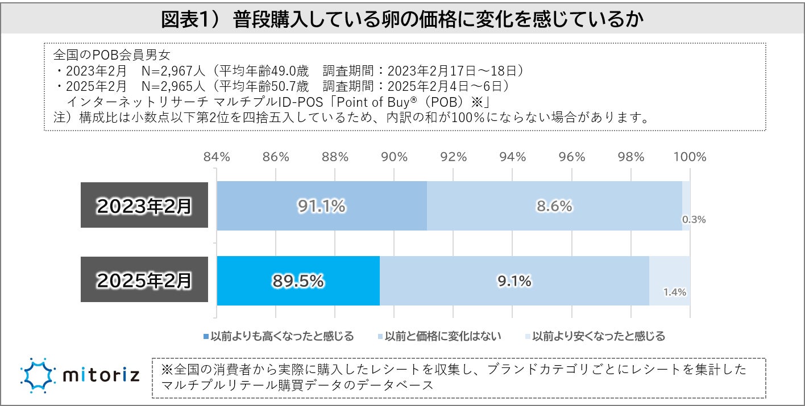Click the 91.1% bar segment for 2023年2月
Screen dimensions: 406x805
coord(322,206)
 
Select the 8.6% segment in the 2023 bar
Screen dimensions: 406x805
coord(554,206)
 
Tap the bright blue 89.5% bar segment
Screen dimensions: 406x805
coord(298,281)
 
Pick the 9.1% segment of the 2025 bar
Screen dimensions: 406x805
coord(514,281)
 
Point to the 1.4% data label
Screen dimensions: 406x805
coord(675,293)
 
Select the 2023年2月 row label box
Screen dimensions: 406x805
coord(144,206)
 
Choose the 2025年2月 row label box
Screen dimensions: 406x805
coord(144,281)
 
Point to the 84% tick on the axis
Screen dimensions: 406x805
coord(217,157)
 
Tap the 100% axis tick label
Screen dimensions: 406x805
coord(689,157)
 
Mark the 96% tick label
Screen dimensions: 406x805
coord(571,157)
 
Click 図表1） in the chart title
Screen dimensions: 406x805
coord(195,19)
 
